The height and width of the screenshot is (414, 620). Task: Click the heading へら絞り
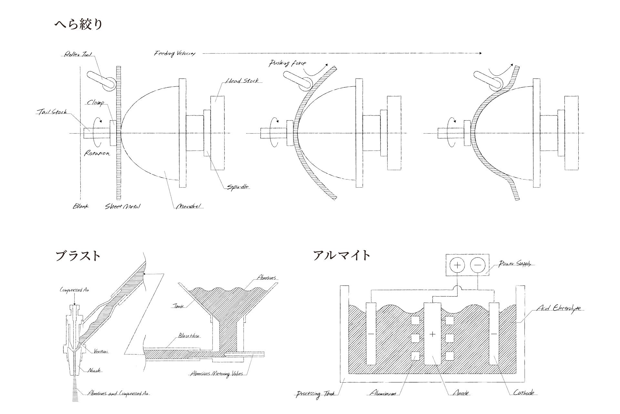point(78,24)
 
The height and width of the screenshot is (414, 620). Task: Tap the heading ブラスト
point(78,256)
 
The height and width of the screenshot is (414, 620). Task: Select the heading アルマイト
point(342,255)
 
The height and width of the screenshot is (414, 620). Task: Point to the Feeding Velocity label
point(175,54)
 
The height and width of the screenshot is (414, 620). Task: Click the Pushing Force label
point(287,63)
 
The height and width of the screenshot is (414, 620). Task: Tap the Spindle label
point(238,187)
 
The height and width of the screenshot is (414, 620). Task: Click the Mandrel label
point(189,206)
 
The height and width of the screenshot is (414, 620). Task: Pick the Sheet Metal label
point(123,206)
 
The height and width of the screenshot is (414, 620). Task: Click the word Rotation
point(97,153)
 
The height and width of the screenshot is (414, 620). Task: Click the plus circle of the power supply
point(458,265)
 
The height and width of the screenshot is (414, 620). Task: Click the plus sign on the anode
point(433,334)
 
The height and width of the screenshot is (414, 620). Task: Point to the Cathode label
point(523,393)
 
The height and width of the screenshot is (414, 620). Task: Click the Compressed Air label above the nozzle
point(74,290)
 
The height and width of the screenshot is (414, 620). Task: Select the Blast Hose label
point(189,336)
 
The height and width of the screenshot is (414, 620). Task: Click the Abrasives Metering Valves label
point(216,374)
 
